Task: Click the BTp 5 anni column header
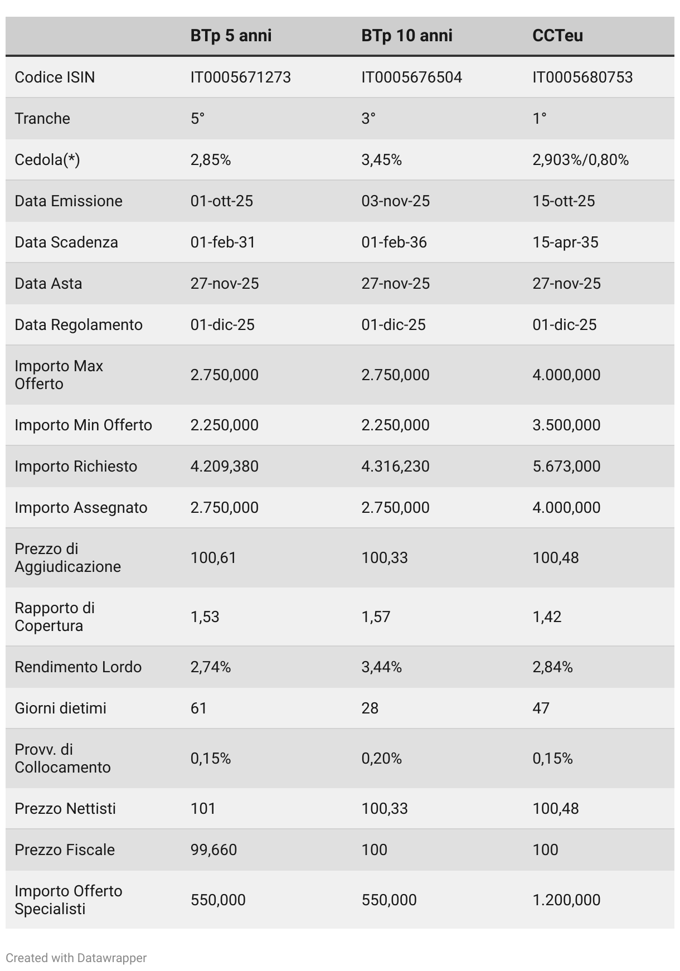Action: [231, 36]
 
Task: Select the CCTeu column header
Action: [557, 36]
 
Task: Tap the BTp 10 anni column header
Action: [406, 36]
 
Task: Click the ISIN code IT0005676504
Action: [411, 77]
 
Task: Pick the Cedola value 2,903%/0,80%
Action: [580, 160]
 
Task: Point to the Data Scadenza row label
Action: [66, 242]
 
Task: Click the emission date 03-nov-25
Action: [395, 201]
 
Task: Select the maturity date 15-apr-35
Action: [565, 242]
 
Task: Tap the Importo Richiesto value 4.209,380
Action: [224, 467]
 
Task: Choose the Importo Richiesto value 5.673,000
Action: [566, 467]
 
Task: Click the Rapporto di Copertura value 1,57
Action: [376, 617]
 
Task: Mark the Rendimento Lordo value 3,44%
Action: [381, 667]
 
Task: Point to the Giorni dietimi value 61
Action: [198, 708]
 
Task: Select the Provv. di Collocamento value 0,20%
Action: [381, 759]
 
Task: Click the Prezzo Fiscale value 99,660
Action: [213, 850]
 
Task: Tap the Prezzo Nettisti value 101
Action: [203, 809]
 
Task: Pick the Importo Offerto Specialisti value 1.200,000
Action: [566, 900]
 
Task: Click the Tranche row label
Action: [42, 119]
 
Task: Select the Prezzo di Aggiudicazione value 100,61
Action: [213, 558]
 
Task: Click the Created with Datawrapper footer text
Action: [76, 958]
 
